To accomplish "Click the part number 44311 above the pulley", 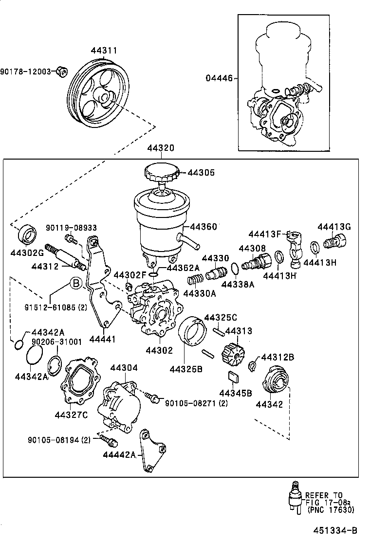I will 103,51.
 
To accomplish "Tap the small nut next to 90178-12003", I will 61,72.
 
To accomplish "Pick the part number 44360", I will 203,227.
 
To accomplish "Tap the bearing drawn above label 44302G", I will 28,234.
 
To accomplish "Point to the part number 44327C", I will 71,415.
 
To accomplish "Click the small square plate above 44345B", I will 233,377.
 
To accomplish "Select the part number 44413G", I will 334,227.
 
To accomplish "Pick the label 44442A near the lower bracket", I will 119,455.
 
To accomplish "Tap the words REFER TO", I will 324,496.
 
